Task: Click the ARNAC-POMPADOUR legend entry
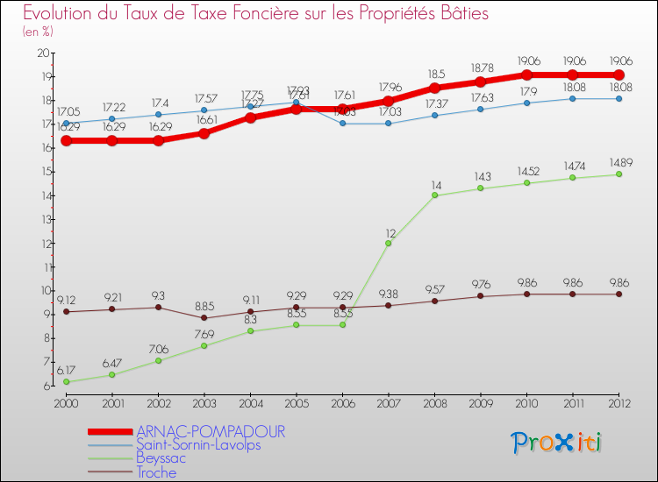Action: click(x=211, y=432)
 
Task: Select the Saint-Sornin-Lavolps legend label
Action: click(x=198, y=445)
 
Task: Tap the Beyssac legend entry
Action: click(x=161, y=458)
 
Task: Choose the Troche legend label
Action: click(x=156, y=472)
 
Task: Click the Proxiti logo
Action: click(x=557, y=443)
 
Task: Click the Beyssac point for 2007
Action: click(x=388, y=243)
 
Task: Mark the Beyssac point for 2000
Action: click(x=66, y=382)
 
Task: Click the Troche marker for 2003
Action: click(x=204, y=317)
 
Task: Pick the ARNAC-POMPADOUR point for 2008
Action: click(x=434, y=88)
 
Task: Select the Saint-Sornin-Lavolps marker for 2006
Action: click(x=342, y=124)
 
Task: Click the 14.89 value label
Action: click(x=619, y=161)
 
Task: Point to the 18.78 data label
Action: click(x=480, y=67)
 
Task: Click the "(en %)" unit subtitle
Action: click(x=38, y=32)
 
